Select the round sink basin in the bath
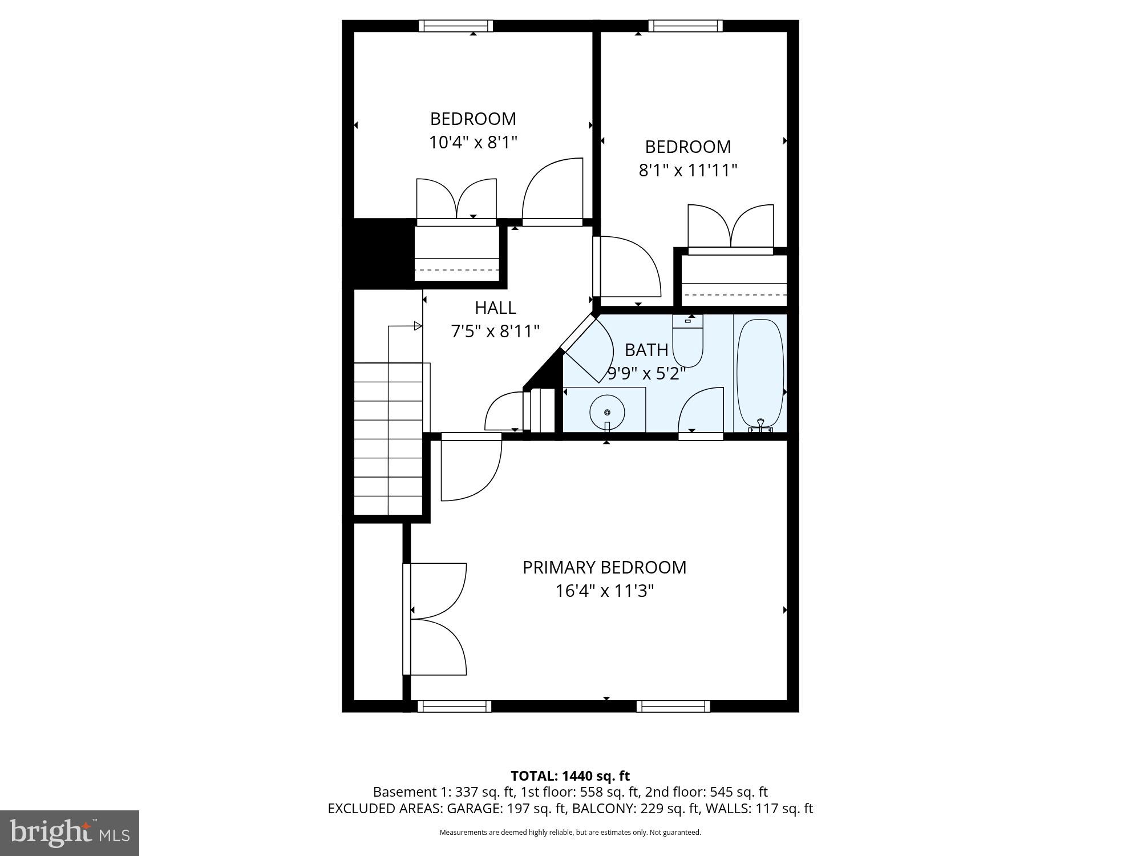[607, 411]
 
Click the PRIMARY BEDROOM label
[604, 567]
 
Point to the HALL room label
[495, 308]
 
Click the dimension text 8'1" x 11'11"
[687, 170]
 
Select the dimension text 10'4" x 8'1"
[473, 142]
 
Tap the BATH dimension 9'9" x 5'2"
[646, 374]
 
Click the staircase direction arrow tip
[418, 326]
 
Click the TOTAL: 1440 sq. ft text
[570, 776]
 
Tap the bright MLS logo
[70, 833]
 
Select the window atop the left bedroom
[455, 26]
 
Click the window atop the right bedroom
[685, 26]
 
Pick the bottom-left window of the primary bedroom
[454, 706]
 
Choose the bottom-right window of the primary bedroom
[673, 706]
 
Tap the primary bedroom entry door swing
[471, 468]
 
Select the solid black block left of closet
[378, 253]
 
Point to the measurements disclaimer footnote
[570, 833]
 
